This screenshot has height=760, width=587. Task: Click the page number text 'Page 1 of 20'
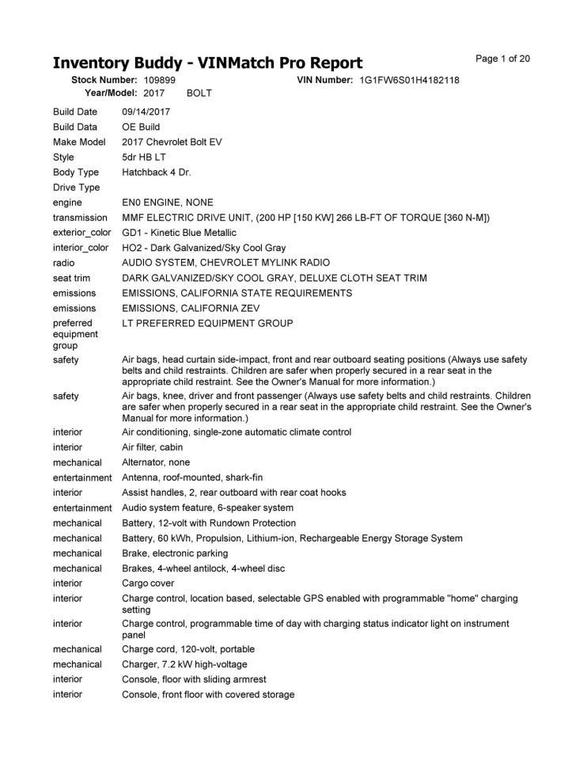click(x=502, y=59)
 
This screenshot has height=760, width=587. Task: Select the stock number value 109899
click(x=160, y=81)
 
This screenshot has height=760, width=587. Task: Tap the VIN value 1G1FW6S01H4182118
click(x=409, y=81)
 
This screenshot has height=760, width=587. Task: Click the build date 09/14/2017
click(x=146, y=112)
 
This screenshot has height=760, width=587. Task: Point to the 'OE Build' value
click(x=141, y=127)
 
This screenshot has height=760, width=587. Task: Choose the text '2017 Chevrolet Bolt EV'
click(x=172, y=142)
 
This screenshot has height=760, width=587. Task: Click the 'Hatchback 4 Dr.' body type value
click(x=157, y=172)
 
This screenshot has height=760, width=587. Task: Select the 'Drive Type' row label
click(x=76, y=188)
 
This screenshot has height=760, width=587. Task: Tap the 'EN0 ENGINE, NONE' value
click(x=167, y=203)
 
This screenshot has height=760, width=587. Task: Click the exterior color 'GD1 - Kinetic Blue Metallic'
click(x=179, y=233)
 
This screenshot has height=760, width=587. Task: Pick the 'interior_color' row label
click(x=81, y=248)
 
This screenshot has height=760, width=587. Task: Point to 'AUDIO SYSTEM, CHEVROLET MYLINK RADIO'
click(x=225, y=262)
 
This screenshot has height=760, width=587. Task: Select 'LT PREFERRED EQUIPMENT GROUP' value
click(x=207, y=323)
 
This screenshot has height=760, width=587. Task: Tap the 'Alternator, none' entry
click(x=156, y=462)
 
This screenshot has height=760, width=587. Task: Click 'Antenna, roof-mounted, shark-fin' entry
click(x=191, y=477)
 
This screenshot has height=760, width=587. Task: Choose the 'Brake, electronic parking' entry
click(x=175, y=553)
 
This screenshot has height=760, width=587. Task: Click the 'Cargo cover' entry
click(x=148, y=583)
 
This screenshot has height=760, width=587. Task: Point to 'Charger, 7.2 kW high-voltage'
click(x=184, y=664)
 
